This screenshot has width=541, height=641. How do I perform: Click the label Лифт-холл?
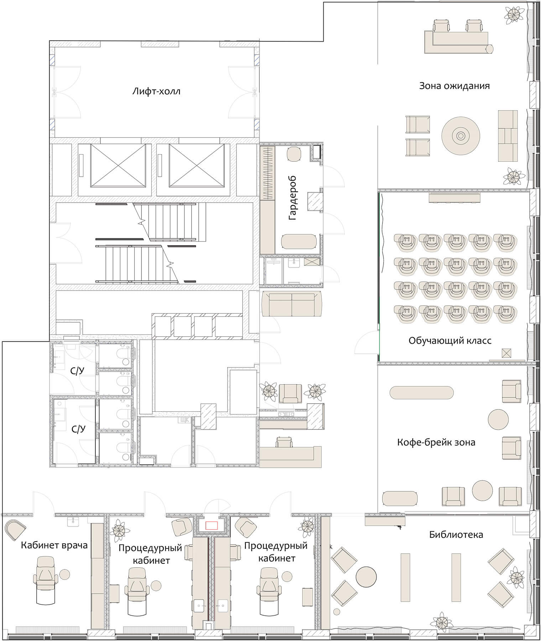pyautogui.click(x=156, y=91)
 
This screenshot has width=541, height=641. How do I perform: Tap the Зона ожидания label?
pyautogui.click(x=454, y=86)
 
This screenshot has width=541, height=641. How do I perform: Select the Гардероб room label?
pyautogui.click(x=293, y=198)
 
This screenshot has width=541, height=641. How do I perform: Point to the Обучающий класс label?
pyautogui.click(x=450, y=340)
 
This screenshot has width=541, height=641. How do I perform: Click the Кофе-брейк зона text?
pyautogui.click(x=436, y=442)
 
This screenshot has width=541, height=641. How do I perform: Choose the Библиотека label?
pyautogui.click(x=456, y=535)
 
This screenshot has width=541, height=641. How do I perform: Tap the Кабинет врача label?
pyautogui.click(x=54, y=545)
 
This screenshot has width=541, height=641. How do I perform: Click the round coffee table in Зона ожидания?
pyautogui.click(x=461, y=136)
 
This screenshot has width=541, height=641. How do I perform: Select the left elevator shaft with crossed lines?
pyautogui.click(x=118, y=165)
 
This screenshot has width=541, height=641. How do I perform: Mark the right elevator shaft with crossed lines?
pyautogui.click(x=197, y=165)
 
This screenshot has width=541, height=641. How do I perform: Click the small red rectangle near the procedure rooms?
pyautogui.click(x=212, y=525)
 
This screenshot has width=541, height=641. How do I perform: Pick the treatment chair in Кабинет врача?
pyautogui.click(x=45, y=580)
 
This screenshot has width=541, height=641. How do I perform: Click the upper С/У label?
pyautogui.click(x=77, y=371)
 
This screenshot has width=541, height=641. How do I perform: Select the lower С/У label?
pyautogui.click(x=78, y=429)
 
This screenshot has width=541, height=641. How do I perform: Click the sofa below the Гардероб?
pyautogui.click(x=292, y=304)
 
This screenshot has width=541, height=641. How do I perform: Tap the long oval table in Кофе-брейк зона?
pyautogui.click(x=422, y=393)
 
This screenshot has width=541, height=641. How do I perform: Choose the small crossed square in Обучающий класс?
pyautogui.click(x=506, y=353)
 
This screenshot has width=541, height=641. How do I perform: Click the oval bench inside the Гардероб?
pyautogui.click(x=298, y=241)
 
